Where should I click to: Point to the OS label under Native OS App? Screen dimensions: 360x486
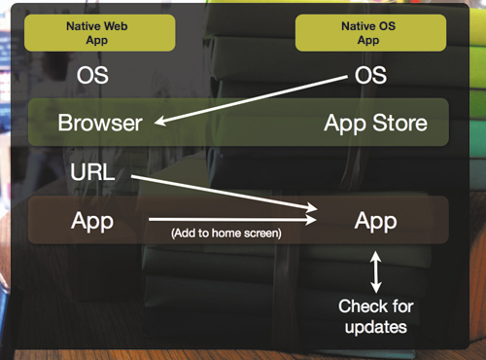[x=369, y=75]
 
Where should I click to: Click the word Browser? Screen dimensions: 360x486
[x=100, y=124]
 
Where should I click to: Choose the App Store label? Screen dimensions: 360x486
[x=374, y=124]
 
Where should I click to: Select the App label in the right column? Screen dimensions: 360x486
[x=375, y=220]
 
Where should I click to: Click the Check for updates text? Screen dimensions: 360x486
[x=376, y=317]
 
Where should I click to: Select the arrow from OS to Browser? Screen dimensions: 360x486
[x=253, y=101]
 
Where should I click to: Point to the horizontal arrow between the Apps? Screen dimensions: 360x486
[x=233, y=220]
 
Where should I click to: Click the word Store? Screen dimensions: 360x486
[x=400, y=124]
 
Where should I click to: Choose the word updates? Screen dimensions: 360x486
[x=376, y=328]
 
